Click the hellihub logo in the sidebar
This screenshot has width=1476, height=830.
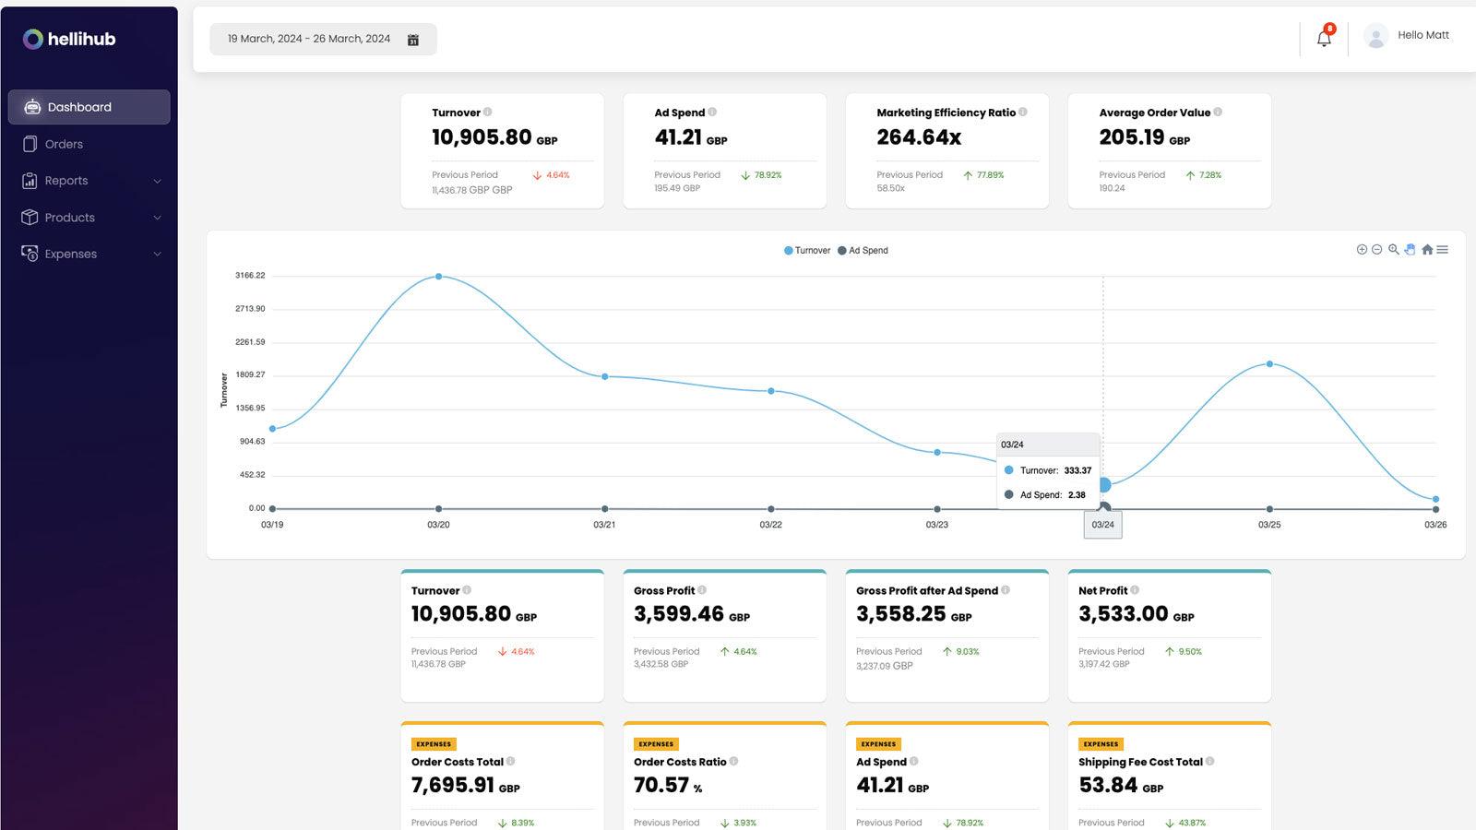69,39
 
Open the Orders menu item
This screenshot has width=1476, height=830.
64,144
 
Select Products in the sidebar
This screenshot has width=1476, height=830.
69,218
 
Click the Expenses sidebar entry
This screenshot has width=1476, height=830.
70,254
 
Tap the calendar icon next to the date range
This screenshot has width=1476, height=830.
413,40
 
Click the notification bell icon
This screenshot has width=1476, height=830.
1324,39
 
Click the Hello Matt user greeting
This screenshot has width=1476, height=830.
1422,35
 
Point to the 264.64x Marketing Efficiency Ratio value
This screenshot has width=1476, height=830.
919,137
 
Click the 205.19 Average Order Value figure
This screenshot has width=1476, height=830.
1132,137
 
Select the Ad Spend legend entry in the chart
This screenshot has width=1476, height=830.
863,250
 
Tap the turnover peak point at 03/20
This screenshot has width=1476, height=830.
438,276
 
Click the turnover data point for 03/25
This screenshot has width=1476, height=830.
1269,364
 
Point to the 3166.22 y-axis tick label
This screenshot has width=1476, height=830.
250,275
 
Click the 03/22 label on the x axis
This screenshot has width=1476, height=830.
770,525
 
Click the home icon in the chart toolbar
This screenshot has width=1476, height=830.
1427,250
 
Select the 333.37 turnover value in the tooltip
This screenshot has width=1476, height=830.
1077,470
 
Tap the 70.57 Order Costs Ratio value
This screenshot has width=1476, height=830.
661,785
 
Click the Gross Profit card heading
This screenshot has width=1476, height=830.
664,590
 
